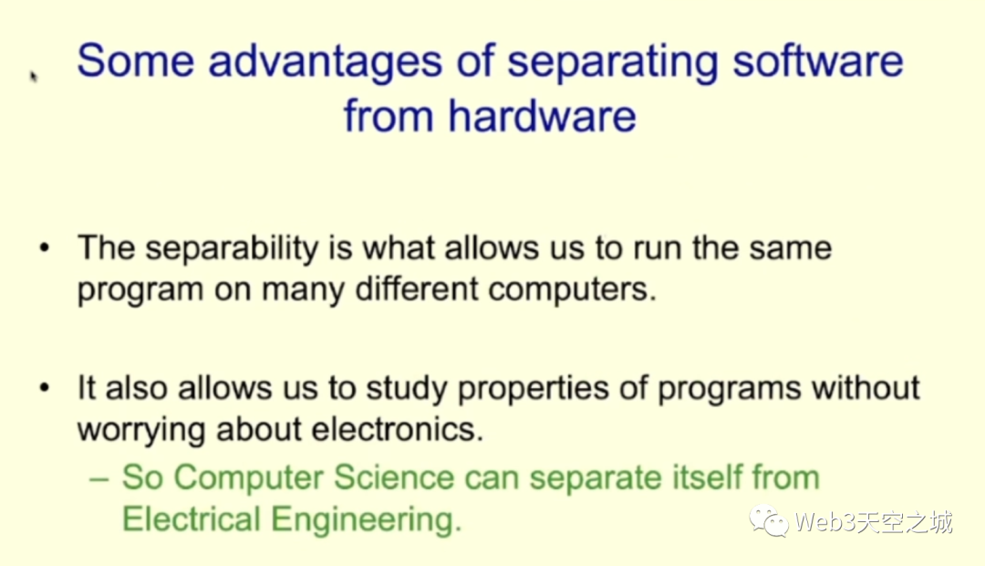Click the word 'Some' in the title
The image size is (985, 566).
click(x=135, y=61)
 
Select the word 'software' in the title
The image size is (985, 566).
click(x=818, y=61)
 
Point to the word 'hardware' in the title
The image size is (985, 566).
click(x=542, y=116)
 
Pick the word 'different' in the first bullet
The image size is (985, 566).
click(x=416, y=289)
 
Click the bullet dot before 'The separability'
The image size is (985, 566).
click(x=44, y=247)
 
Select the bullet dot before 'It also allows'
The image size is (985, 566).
click(x=44, y=387)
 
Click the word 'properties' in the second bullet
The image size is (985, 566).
click(x=534, y=390)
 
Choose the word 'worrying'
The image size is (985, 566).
click(x=141, y=432)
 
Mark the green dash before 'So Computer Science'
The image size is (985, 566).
click(x=99, y=479)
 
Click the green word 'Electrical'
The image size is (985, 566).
click(x=191, y=519)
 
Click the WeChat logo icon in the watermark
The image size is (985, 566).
click(x=768, y=522)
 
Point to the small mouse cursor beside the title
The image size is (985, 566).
click(x=34, y=76)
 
